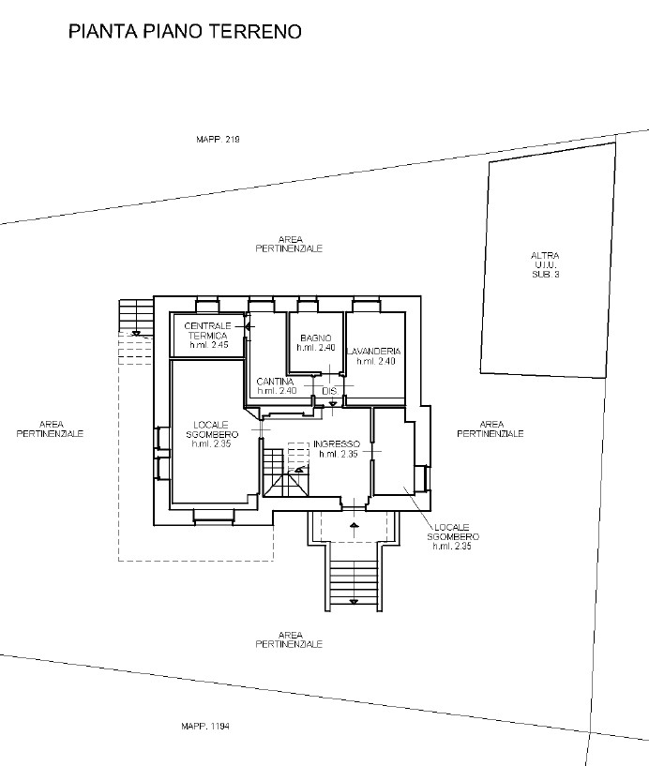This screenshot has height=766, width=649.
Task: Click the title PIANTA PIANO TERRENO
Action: pyautogui.click(x=185, y=31)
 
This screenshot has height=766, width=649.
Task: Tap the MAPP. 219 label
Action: pyautogui.click(x=218, y=139)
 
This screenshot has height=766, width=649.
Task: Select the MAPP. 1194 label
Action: pyautogui.click(x=205, y=726)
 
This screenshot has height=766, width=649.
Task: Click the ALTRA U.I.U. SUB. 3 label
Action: pyautogui.click(x=545, y=264)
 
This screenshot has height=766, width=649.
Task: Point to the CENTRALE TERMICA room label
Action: pyautogui.click(x=207, y=331)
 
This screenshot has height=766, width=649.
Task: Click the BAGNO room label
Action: pyautogui.click(x=316, y=338)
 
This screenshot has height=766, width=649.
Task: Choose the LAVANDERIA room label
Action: pyautogui.click(x=374, y=352)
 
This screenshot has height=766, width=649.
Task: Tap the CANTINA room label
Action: pyautogui.click(x=275, y=382)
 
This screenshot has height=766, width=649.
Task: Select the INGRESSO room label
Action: pyautogui.click(x=337, y=444)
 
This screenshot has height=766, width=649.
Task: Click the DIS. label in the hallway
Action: pyautogui.click(x=330, y=391)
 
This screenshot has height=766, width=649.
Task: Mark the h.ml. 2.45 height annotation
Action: pyautogui.click(x=209, y=345)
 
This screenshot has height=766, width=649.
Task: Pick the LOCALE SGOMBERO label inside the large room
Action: pyautogui.click(x=212, y=430)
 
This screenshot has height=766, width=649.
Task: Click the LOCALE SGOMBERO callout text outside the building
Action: pyautogui.click(x=453, y=532)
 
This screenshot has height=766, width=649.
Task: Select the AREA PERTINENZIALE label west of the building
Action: pyautogui.click(x=51, y=429)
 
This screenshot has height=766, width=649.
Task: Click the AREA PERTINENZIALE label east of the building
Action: pyautogui.click(x=491, y=429)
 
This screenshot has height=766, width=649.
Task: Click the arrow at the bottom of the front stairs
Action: pyautogui.click(x=354, y=602)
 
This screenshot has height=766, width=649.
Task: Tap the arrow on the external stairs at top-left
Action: pyautogui.click(x=136, y=334)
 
